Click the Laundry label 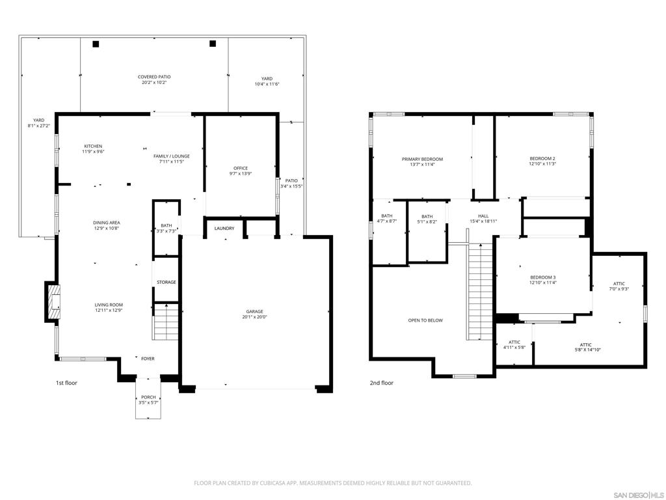point(224,229)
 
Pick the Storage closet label point(166,283)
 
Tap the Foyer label point(148,359)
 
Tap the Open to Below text point(425,320)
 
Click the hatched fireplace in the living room point(54,302)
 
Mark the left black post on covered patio point(96,44)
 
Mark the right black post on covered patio point(213,44)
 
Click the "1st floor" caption point(67,383)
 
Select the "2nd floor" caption point(381,383)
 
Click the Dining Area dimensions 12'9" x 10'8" point(106,229)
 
